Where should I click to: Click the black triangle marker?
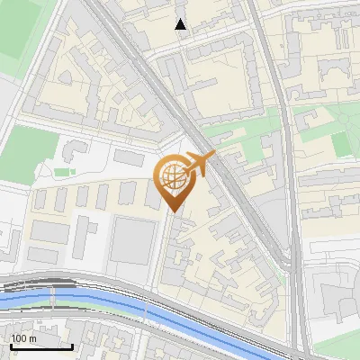point(181,24)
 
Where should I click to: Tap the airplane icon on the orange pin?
point(201,162)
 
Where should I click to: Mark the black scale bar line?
point(41,346)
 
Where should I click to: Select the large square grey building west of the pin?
point(133,239)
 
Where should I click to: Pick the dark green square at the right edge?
point(343,144)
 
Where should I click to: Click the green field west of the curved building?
point(27,148)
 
